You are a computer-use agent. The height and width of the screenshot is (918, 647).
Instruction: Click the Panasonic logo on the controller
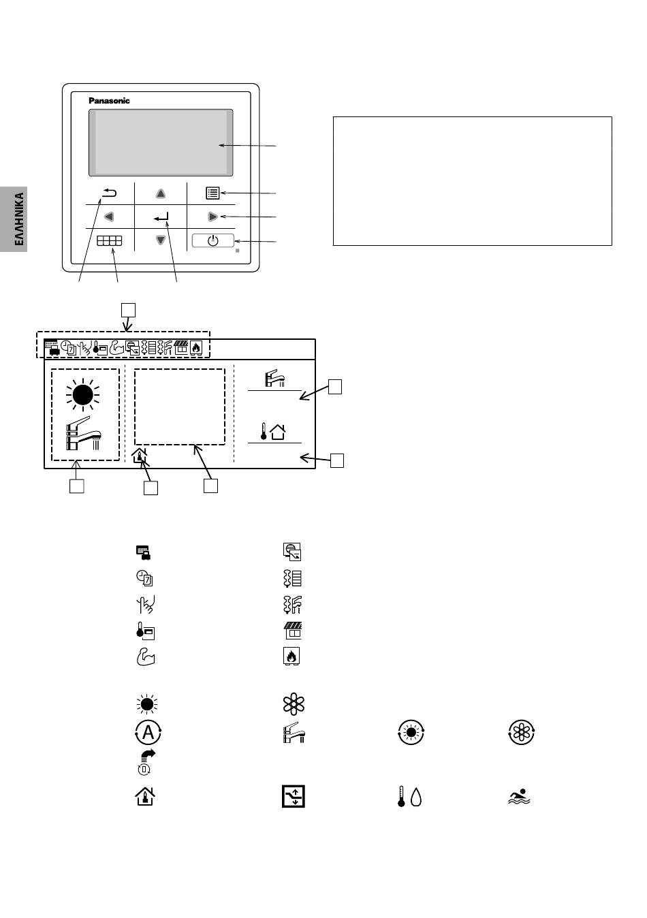109,101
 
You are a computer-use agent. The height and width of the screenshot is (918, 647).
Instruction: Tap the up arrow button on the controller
161,193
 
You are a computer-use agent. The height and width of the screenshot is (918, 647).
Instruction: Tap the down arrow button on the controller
161,240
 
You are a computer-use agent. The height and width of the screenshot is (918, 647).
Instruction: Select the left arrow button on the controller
108,217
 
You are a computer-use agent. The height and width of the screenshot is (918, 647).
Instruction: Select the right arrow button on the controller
212,217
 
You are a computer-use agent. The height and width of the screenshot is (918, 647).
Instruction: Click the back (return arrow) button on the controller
110,193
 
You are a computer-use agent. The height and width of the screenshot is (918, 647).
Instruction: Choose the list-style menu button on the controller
212,193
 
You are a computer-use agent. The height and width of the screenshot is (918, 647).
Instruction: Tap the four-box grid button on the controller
110,240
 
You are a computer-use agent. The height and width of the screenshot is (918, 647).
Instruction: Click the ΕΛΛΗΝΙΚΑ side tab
14,219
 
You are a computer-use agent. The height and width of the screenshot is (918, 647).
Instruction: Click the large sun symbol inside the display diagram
83,395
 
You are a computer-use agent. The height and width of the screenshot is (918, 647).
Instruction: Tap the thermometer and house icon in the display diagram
273,432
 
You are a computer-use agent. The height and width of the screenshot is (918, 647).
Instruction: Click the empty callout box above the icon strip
128,310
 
